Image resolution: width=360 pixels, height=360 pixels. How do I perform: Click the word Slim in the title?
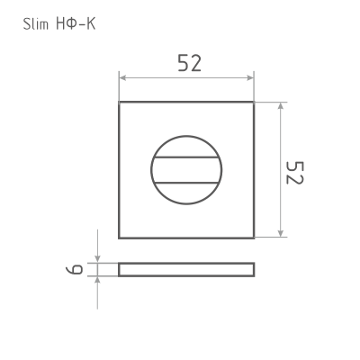coord(35,24)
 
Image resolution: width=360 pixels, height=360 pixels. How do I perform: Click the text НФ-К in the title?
coord(76,24)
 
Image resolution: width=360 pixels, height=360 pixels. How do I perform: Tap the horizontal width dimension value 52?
coord(189,63)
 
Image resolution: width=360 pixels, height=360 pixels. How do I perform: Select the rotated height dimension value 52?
coord(295,173)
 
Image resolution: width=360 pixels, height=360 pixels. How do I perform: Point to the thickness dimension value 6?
coord(74,269)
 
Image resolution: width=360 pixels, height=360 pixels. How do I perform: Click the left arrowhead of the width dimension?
coord(122,78)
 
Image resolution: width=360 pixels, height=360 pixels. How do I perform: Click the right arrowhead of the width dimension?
coord(250,78)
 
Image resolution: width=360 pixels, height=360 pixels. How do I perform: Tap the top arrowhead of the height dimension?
coord(281,106)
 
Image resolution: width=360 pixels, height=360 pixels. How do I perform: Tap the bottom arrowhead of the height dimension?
coord(281,233)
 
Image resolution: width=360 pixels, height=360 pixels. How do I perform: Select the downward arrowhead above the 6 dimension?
coord(97,259)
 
